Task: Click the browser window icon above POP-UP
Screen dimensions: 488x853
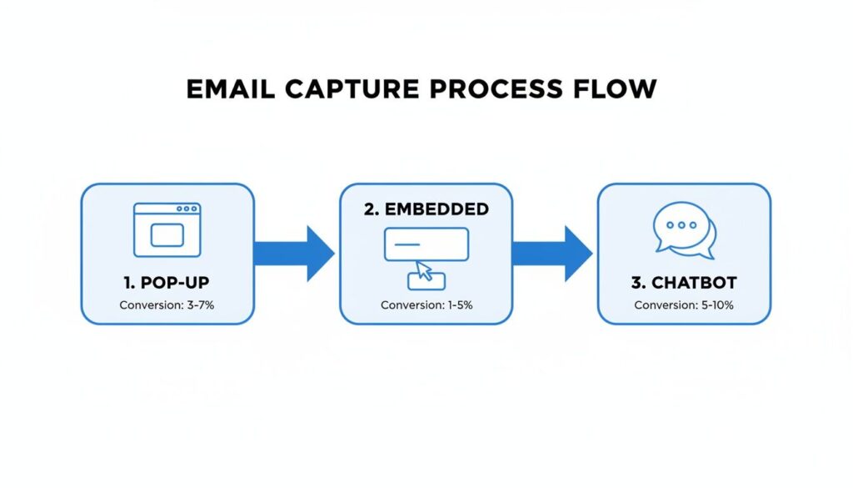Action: (x=167, y=229)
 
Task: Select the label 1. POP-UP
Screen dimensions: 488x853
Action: (x=167, y=283)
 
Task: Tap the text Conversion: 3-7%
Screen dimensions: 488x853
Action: (x=167, y=305)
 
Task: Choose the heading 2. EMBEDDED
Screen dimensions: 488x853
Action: (x=426, y=209)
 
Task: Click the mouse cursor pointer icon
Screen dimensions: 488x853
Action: (x=425, y=270)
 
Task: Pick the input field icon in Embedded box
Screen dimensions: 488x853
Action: (x=426, y=244)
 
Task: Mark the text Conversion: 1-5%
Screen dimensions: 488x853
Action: (x=426, y=305)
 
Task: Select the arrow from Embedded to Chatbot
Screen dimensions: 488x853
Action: (x=553, y=254)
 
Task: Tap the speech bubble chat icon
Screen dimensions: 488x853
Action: (x=684, y=230)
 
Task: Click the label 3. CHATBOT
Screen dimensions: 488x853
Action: (x=684, y=283)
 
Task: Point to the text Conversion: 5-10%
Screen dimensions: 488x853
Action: (x=684, y=305)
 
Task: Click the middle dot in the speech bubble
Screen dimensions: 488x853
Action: (x=682, y=225)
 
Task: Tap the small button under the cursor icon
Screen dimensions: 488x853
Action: (x=426, y=281)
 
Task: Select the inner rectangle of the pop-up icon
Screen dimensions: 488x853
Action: (x=167, y=235)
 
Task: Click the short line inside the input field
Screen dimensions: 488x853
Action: (x=407, y=244)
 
